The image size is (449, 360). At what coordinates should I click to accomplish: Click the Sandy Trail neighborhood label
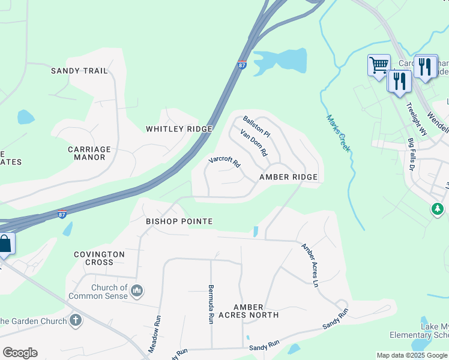(79, 71)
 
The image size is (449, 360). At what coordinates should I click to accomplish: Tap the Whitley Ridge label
(179, 129)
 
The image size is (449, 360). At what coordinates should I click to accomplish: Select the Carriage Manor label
(89, 153)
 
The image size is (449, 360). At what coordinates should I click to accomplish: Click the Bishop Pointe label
(179, 221)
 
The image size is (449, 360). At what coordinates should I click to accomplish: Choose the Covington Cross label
(99, 258)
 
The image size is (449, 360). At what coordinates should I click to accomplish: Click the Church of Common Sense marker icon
(137, 291)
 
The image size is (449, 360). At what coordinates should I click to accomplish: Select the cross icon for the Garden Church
(76, 320)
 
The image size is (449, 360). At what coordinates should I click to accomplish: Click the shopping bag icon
(4, 244)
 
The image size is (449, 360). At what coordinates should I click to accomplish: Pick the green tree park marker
(438, 209)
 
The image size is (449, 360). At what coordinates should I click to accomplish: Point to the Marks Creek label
(339, 133)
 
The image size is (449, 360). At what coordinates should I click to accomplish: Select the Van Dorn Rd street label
(253, 143)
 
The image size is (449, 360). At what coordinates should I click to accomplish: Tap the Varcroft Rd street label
(224, 162)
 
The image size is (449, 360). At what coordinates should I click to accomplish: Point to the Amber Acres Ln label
(309, 265)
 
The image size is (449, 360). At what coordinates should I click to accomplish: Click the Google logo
(20, 353)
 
